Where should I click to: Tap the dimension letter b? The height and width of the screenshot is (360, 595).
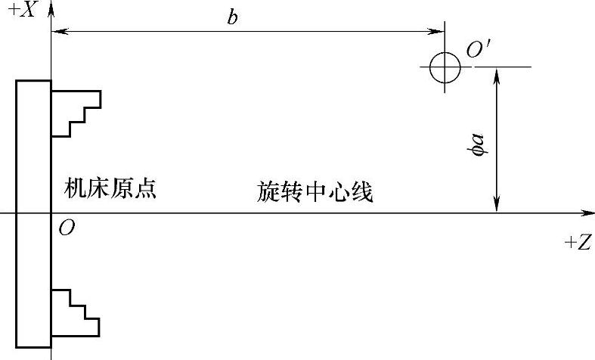click(234, 17)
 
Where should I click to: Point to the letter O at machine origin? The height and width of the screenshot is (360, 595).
click(67, 228)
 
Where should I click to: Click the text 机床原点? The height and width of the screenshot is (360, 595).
click(110, 189)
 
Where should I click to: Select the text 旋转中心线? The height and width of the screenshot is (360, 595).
click(315, 193)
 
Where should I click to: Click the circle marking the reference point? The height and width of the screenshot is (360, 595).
click(445, 67)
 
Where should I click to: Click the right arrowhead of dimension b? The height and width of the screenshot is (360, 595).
click(439, 32)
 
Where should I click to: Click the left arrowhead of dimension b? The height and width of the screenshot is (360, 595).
click(57, 32)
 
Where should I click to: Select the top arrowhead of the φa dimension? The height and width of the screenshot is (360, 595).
click(497, 73)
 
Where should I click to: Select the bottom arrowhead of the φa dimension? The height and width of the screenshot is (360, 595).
click(497, 206)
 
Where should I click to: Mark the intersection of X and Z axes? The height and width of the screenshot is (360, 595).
click(51, 213)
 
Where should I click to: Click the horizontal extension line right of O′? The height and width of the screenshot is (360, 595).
click(503, 67)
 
